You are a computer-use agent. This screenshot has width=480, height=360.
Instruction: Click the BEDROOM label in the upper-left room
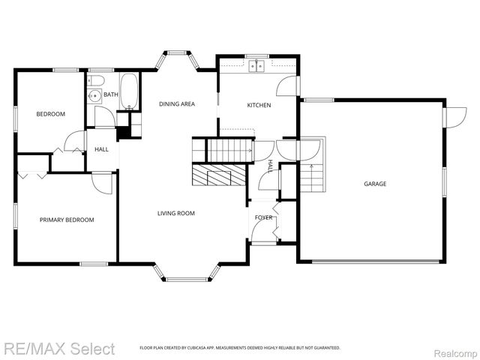(51, 114)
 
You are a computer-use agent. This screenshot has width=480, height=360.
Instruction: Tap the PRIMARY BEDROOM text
(67, 220)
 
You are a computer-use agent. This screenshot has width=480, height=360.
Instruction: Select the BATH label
(110, 94)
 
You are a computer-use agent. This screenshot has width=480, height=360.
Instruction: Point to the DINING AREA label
(176, 104)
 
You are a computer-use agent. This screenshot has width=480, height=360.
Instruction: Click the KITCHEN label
(259, 105)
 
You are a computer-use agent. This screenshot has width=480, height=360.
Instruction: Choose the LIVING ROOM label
(176, 214)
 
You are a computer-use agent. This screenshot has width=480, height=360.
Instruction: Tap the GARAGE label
(375, 184)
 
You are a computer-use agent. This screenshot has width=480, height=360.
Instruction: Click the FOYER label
(263, 217)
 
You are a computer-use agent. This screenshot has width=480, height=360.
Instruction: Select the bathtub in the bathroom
(130, 89)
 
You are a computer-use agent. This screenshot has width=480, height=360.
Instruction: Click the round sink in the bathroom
(94, 96)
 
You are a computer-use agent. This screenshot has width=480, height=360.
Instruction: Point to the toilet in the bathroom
(98, 79)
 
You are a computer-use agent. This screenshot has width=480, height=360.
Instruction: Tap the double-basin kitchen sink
(257, 67)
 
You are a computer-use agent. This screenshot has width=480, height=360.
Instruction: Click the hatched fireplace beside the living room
(218, 176)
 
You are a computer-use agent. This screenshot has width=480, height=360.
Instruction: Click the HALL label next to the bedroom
(101, 149)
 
